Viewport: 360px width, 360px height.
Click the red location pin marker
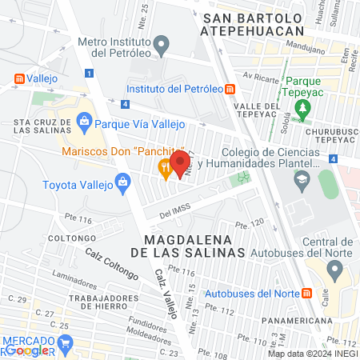tap(180, 162)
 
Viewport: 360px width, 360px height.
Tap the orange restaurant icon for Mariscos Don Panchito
tap(165, 167)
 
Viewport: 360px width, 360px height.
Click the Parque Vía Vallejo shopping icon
tap(85, 123)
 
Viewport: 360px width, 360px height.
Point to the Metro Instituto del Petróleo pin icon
tap(162, 44)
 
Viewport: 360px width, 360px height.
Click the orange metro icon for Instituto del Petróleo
tap(230, 89)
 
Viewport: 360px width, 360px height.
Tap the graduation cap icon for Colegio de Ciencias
tap(300, 181)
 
